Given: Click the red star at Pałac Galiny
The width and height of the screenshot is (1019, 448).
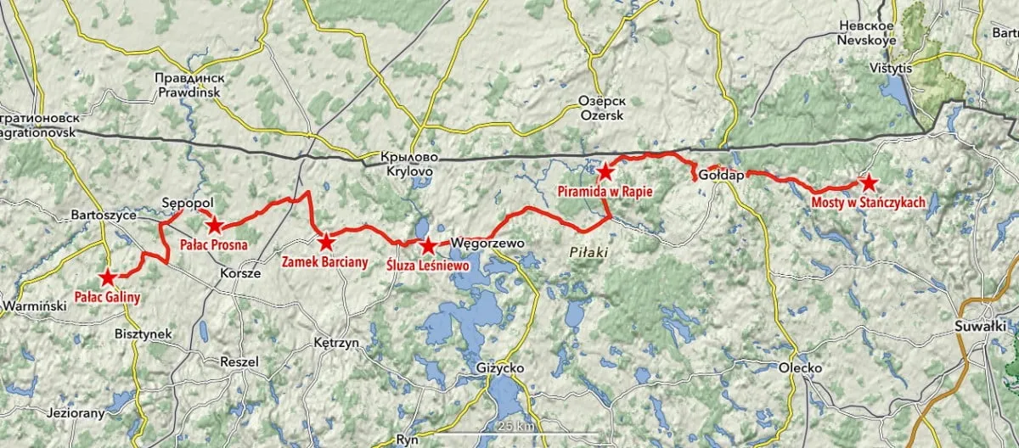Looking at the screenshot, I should click(x=108, y=277).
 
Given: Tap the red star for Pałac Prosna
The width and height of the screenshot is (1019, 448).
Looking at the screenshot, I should click(x=215, y=225).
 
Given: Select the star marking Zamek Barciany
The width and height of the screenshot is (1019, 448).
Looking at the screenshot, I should click(x=325, y=241).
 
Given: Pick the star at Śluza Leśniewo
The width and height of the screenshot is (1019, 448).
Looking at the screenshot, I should click(x=429, y=246).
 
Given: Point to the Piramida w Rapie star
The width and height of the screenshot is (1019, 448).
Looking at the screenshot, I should click(x=605, y=172).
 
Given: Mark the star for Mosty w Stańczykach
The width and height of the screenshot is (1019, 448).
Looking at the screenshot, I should click(x=867, y=182).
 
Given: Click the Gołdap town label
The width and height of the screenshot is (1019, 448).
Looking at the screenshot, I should click(x=721, y=176).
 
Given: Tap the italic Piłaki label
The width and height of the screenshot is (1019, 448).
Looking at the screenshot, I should click(x=586, y=253).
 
